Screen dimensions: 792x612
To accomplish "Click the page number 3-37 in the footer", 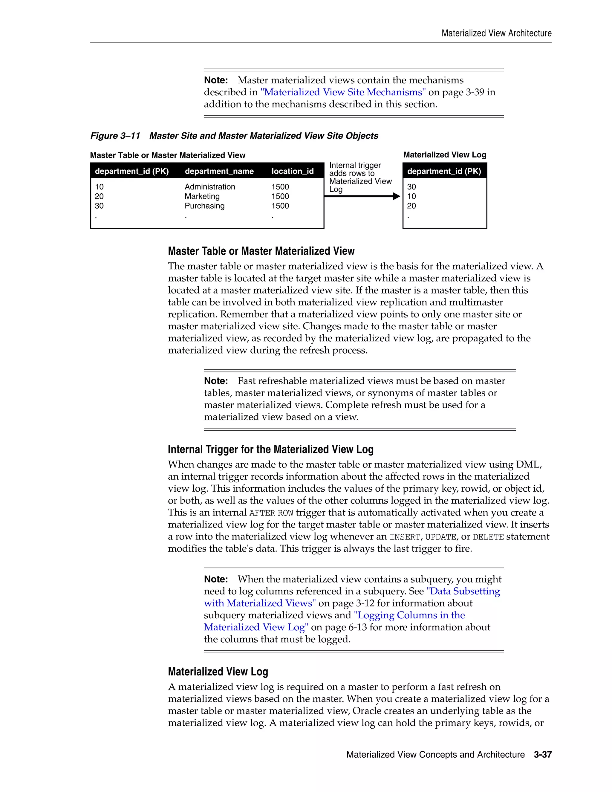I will point(542,755).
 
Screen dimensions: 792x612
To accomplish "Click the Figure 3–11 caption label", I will point(115,136).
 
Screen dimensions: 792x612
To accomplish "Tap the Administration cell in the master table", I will point(209,187).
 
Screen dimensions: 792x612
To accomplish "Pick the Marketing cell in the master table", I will point(202,196).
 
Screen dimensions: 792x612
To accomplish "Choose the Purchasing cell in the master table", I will point(204,206).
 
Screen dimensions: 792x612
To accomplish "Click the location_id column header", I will point(292,171).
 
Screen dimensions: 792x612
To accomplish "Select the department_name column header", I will point(219,171).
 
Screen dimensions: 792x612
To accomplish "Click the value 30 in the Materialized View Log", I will point(411,187).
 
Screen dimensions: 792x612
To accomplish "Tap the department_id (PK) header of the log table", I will point(444,171).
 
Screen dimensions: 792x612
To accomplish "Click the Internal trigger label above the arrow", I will point(355,165).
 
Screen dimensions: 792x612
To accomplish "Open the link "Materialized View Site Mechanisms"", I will point(343,92).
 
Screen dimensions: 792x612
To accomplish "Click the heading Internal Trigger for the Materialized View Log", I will point(270,449).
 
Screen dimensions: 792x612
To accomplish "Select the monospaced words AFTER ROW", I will point(271,513).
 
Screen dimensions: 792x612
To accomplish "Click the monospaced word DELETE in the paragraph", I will point(488,537).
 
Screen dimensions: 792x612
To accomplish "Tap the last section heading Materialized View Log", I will point(218,671).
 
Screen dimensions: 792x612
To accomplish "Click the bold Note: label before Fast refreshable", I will point(216,381).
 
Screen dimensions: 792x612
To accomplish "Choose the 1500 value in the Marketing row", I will point(280,196).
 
